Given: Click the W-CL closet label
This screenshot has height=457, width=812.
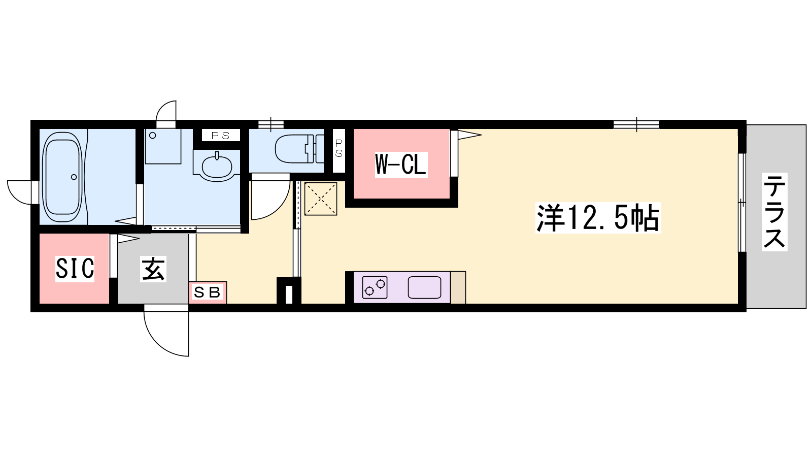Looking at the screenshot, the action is click(401, 165).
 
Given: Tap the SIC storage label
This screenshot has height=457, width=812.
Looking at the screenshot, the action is click(75, 269).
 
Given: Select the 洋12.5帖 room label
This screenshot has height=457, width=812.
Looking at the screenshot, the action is click(598, 218).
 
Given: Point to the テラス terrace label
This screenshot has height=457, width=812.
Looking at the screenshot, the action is click(774, 212).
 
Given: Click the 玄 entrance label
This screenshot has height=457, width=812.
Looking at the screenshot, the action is click(153, 269).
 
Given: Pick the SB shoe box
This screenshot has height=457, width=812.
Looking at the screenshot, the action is click(208, 292).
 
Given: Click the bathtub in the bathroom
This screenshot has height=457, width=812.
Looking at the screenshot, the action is click(62, 177).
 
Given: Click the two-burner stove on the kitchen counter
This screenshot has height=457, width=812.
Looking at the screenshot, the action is click(375, 287).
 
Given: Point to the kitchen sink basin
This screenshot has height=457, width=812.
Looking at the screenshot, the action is click(424, 287).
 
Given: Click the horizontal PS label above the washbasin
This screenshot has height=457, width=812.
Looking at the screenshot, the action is click(221, 136).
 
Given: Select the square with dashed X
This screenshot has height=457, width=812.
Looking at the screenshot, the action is click(321, 199).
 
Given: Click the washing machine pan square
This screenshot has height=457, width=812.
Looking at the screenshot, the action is click(163, 146).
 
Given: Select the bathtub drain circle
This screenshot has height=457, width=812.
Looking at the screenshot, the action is click(74, 177).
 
